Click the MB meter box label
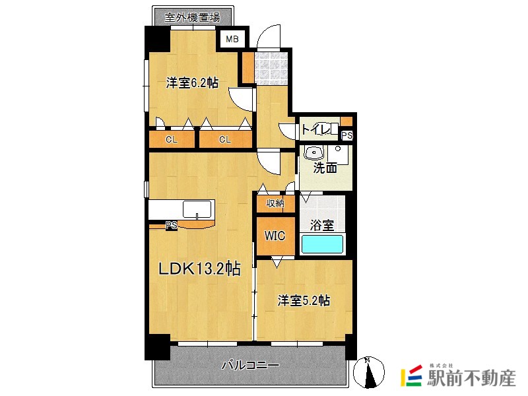coord(232,39)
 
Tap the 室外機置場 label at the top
coord(192,17)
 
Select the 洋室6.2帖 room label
coord(192,82)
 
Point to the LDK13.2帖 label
coord(199,269)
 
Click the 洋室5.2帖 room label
coord(304,300)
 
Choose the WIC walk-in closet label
coord(275,236)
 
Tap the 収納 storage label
coord(275,203)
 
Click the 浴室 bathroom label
coord(322,225)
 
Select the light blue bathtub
coord(322,244)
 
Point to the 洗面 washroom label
coord(325,168)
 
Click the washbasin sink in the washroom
coord(314,153)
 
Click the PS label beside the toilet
coord(347,135)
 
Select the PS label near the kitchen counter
coord(172,225)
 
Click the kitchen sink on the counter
coord(197,209)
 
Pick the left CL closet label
coord(172,139)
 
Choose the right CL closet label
coord(225,139)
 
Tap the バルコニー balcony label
coord(250,365)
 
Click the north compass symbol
coord(369,372)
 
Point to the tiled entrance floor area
coord(271,68)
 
